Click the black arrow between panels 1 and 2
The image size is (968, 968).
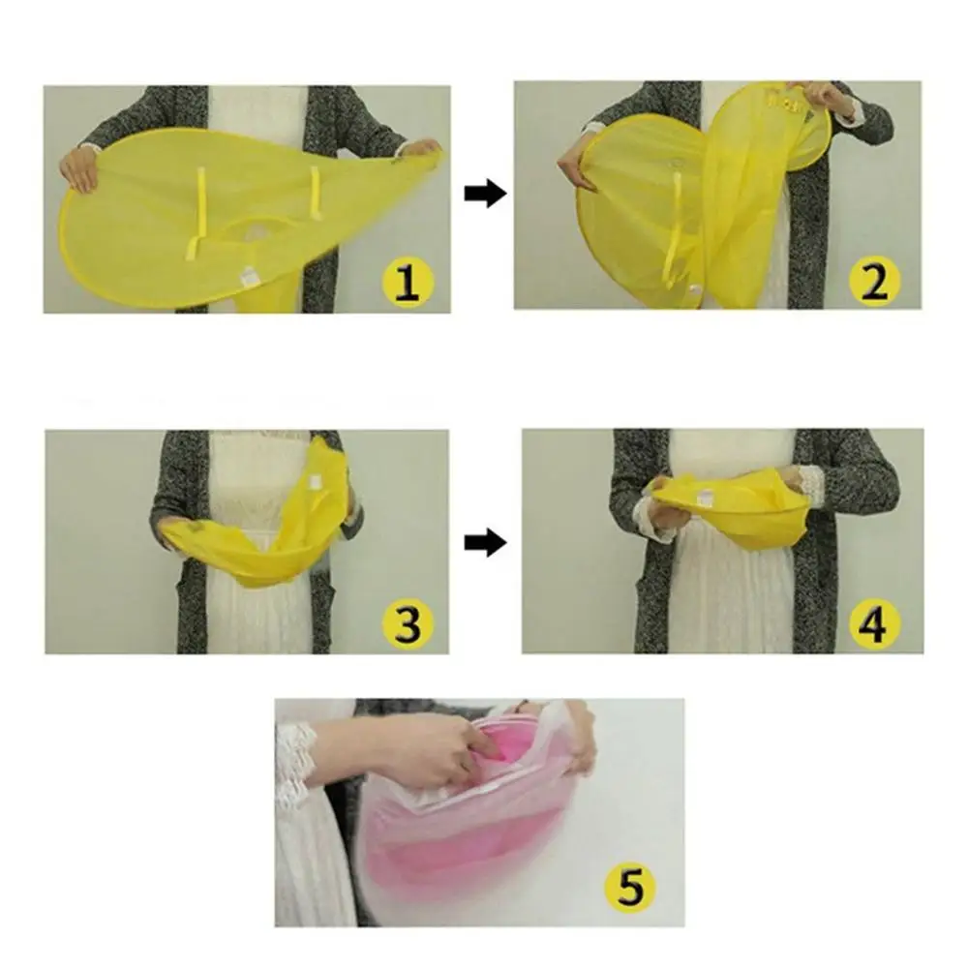(x=485, y=195)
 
